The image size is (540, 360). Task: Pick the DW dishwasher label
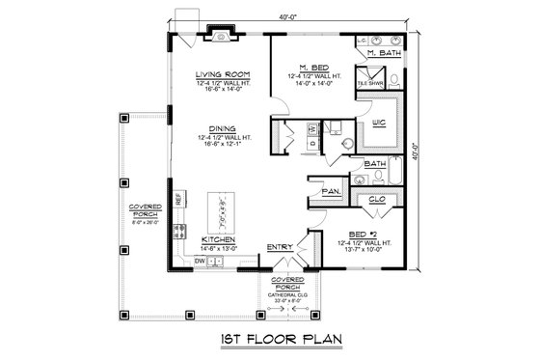tap(200, 261)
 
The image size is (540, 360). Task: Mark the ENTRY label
tap(281, 246)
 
